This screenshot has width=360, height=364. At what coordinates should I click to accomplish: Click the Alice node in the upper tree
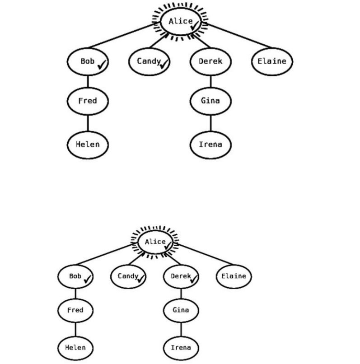[x=180, y=21]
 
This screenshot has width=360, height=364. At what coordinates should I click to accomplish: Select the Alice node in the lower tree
[x=155, y=242]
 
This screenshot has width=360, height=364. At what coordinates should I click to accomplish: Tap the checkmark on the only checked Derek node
[x=193, y=280]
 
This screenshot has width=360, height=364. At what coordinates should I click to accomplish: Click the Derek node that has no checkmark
[x=210, y=61]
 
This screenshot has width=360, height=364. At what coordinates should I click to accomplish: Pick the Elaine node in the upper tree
[x=271, y=61]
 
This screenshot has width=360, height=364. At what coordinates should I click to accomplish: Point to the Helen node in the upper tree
[x=88, y=145]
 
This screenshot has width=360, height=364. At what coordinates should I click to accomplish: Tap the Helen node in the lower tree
[x=75, y=348]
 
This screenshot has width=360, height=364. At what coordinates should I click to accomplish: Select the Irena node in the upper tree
[x=210, y=145]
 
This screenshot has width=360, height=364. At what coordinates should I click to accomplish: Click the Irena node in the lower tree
[x=181, y=348]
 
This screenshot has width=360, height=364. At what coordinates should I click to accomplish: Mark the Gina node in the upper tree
[x=210, y=100]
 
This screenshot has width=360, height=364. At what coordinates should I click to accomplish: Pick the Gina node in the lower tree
[x=181, y=310]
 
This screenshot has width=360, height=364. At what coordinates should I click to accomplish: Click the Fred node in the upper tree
[x=88, y=100]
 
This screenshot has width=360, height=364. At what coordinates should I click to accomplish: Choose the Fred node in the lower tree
[x=75, y=310]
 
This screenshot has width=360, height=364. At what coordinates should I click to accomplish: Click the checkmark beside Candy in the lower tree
[x=141, y=279]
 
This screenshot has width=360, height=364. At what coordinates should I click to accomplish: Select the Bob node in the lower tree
[x=75, y=276]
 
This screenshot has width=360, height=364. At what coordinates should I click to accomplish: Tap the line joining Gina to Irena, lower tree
[x=181, y=329]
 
